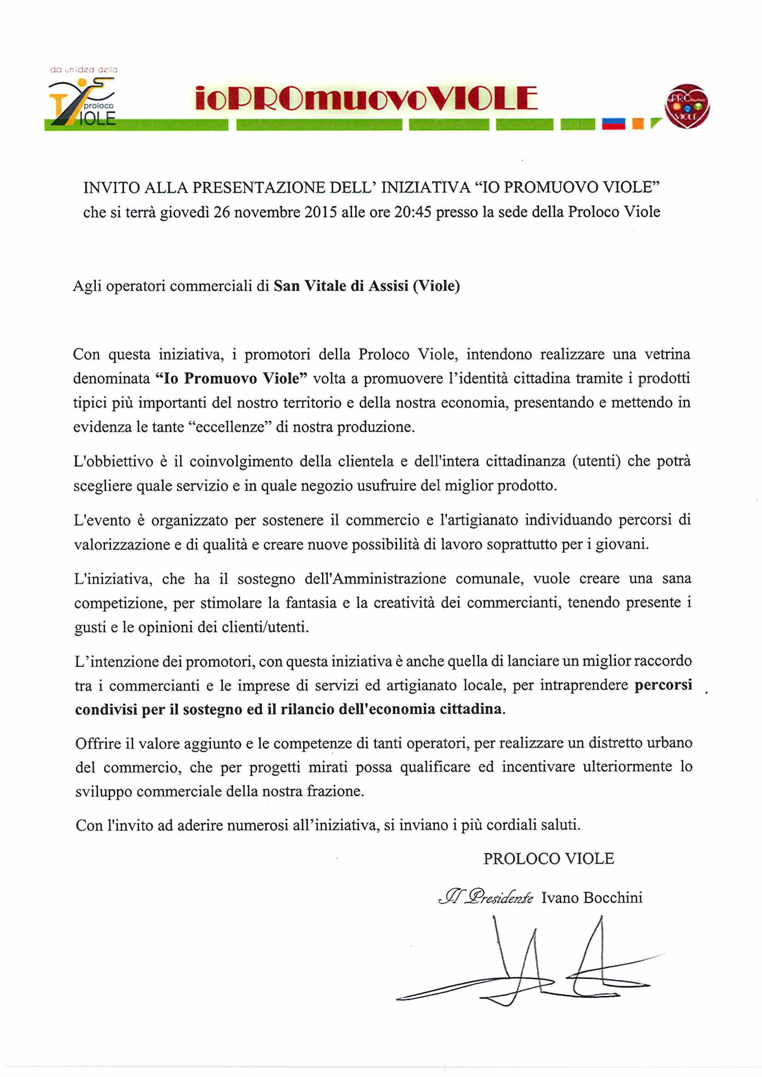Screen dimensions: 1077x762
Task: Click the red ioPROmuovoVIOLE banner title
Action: coord(366,99)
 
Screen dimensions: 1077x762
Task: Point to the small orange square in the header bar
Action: coord(637,124)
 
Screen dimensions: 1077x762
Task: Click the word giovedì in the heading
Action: coord(185,212)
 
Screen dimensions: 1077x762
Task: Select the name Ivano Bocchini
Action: coord(592,898)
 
